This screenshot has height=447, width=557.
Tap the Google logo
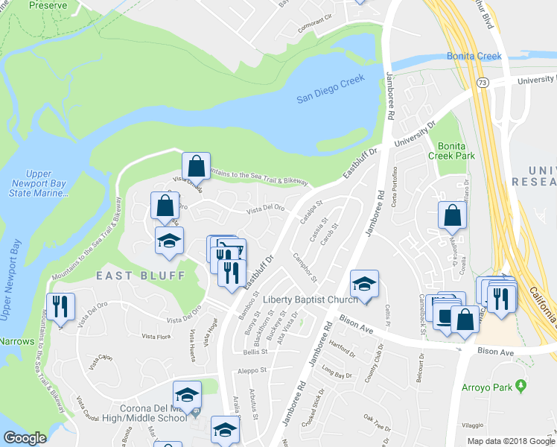(25, 438)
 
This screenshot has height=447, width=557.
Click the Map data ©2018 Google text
(511, 441)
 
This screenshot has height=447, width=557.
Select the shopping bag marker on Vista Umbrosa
(196, 165)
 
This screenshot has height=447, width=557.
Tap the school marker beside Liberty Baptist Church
(364, 284)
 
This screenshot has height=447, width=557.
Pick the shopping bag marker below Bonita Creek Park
(452, 216)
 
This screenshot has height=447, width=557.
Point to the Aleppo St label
(252, 370)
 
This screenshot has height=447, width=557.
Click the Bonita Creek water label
(474, 57)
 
